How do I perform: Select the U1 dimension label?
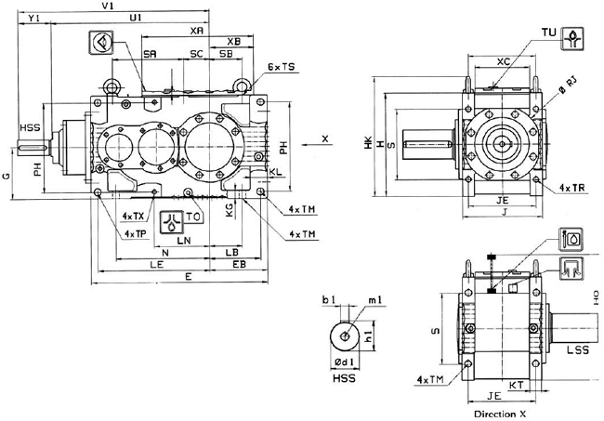(x=136, y=19)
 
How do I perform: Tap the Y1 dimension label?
(x=34, y=19)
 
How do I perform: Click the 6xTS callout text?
(x=281, y=68)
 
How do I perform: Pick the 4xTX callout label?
(x=134, y=215)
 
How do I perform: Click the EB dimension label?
(x=238, y=265)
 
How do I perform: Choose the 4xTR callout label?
(x=572, y=188)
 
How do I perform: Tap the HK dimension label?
(x=368, y=143)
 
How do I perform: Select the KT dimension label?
(x=518, y=382)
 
